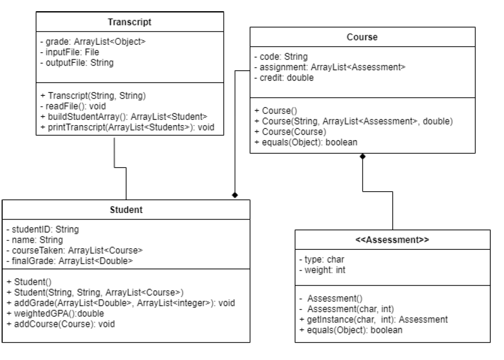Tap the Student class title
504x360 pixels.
coord(126,210)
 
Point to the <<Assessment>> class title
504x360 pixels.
coord(393,240)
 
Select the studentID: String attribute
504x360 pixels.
coord(43,230)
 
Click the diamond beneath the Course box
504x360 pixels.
coord(363,157)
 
